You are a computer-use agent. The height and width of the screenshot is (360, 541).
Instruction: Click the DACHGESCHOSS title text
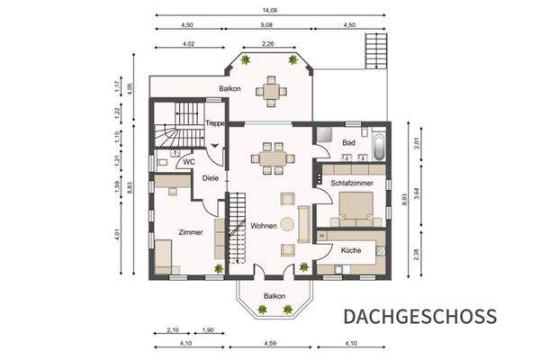tap(419, 316)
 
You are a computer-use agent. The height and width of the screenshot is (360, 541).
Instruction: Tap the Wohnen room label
tap(264, 225)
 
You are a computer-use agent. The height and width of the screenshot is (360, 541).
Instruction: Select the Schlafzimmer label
tap(352, 183)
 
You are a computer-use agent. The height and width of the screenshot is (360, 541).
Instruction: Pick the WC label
tap(189, 162)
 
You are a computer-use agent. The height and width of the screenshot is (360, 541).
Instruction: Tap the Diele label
tap(210, 178)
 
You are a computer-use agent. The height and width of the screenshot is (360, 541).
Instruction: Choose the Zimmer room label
tap(190, 231)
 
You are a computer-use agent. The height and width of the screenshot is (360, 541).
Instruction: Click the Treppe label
tap(214, 123)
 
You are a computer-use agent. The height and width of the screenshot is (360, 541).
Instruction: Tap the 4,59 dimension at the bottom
tap(270, 342)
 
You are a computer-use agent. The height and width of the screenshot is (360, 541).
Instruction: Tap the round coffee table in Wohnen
tap(286, 224)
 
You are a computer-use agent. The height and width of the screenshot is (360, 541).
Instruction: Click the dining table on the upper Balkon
tap(268, 88)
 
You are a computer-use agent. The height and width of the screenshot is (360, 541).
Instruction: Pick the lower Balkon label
tap(274, 295)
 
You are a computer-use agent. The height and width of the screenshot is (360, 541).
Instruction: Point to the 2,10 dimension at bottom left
tap(173, 329)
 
